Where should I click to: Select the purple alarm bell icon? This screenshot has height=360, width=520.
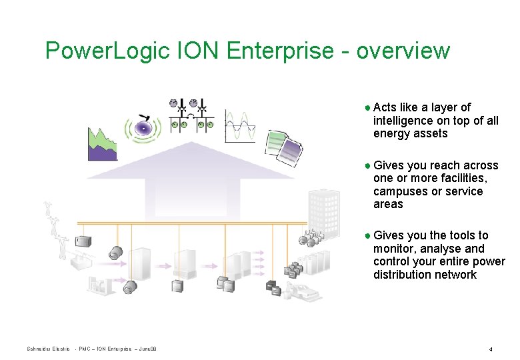click(143, 127)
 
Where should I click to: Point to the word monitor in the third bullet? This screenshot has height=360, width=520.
click(393, 249)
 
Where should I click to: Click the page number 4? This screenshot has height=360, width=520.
click(490, 349)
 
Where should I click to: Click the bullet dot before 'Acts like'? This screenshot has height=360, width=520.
click(368, 108)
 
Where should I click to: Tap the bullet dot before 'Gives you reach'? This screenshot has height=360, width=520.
click(368, 166)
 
